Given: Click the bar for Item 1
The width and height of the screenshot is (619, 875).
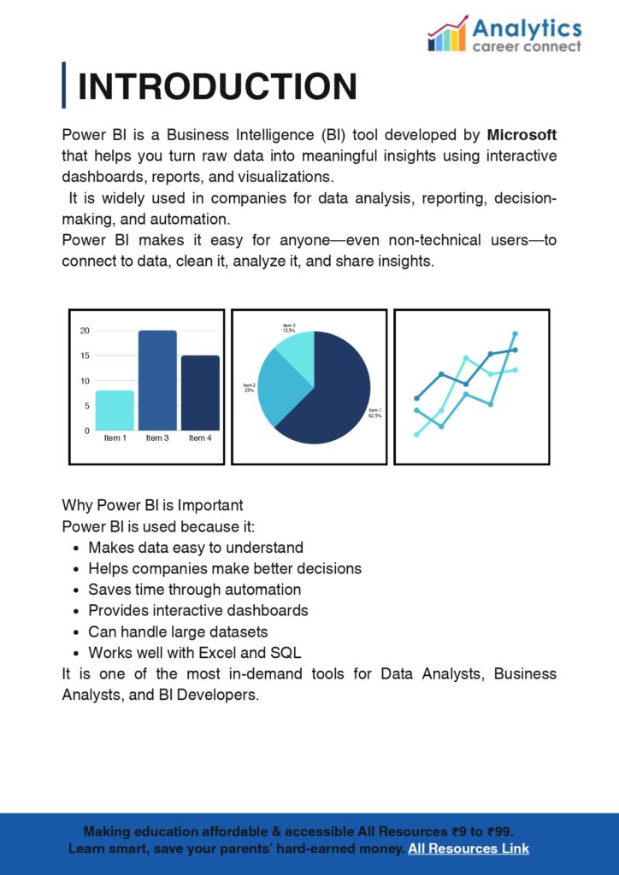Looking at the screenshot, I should (115, 410).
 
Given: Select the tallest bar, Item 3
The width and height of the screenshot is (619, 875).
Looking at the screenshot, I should (157, 380).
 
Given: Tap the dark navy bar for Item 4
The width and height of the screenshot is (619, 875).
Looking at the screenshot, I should (200, 392).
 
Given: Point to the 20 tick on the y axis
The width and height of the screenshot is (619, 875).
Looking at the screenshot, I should (85, 331).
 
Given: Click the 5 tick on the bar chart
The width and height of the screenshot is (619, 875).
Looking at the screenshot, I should (86, 406).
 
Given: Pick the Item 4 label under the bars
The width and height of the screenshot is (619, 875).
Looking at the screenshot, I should (199, 438).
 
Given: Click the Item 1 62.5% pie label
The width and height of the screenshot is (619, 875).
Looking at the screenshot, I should (374, 413).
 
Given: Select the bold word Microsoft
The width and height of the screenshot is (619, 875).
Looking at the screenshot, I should (522, 135).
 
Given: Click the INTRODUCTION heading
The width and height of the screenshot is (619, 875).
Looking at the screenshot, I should (217, 87).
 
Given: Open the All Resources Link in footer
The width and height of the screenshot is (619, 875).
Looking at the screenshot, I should (469, 849).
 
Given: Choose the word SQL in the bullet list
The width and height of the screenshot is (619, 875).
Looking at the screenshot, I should (286, 653).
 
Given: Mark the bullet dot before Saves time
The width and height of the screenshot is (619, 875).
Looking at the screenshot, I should (77, 590).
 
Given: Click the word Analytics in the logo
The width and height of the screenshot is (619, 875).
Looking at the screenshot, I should (527, 28).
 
